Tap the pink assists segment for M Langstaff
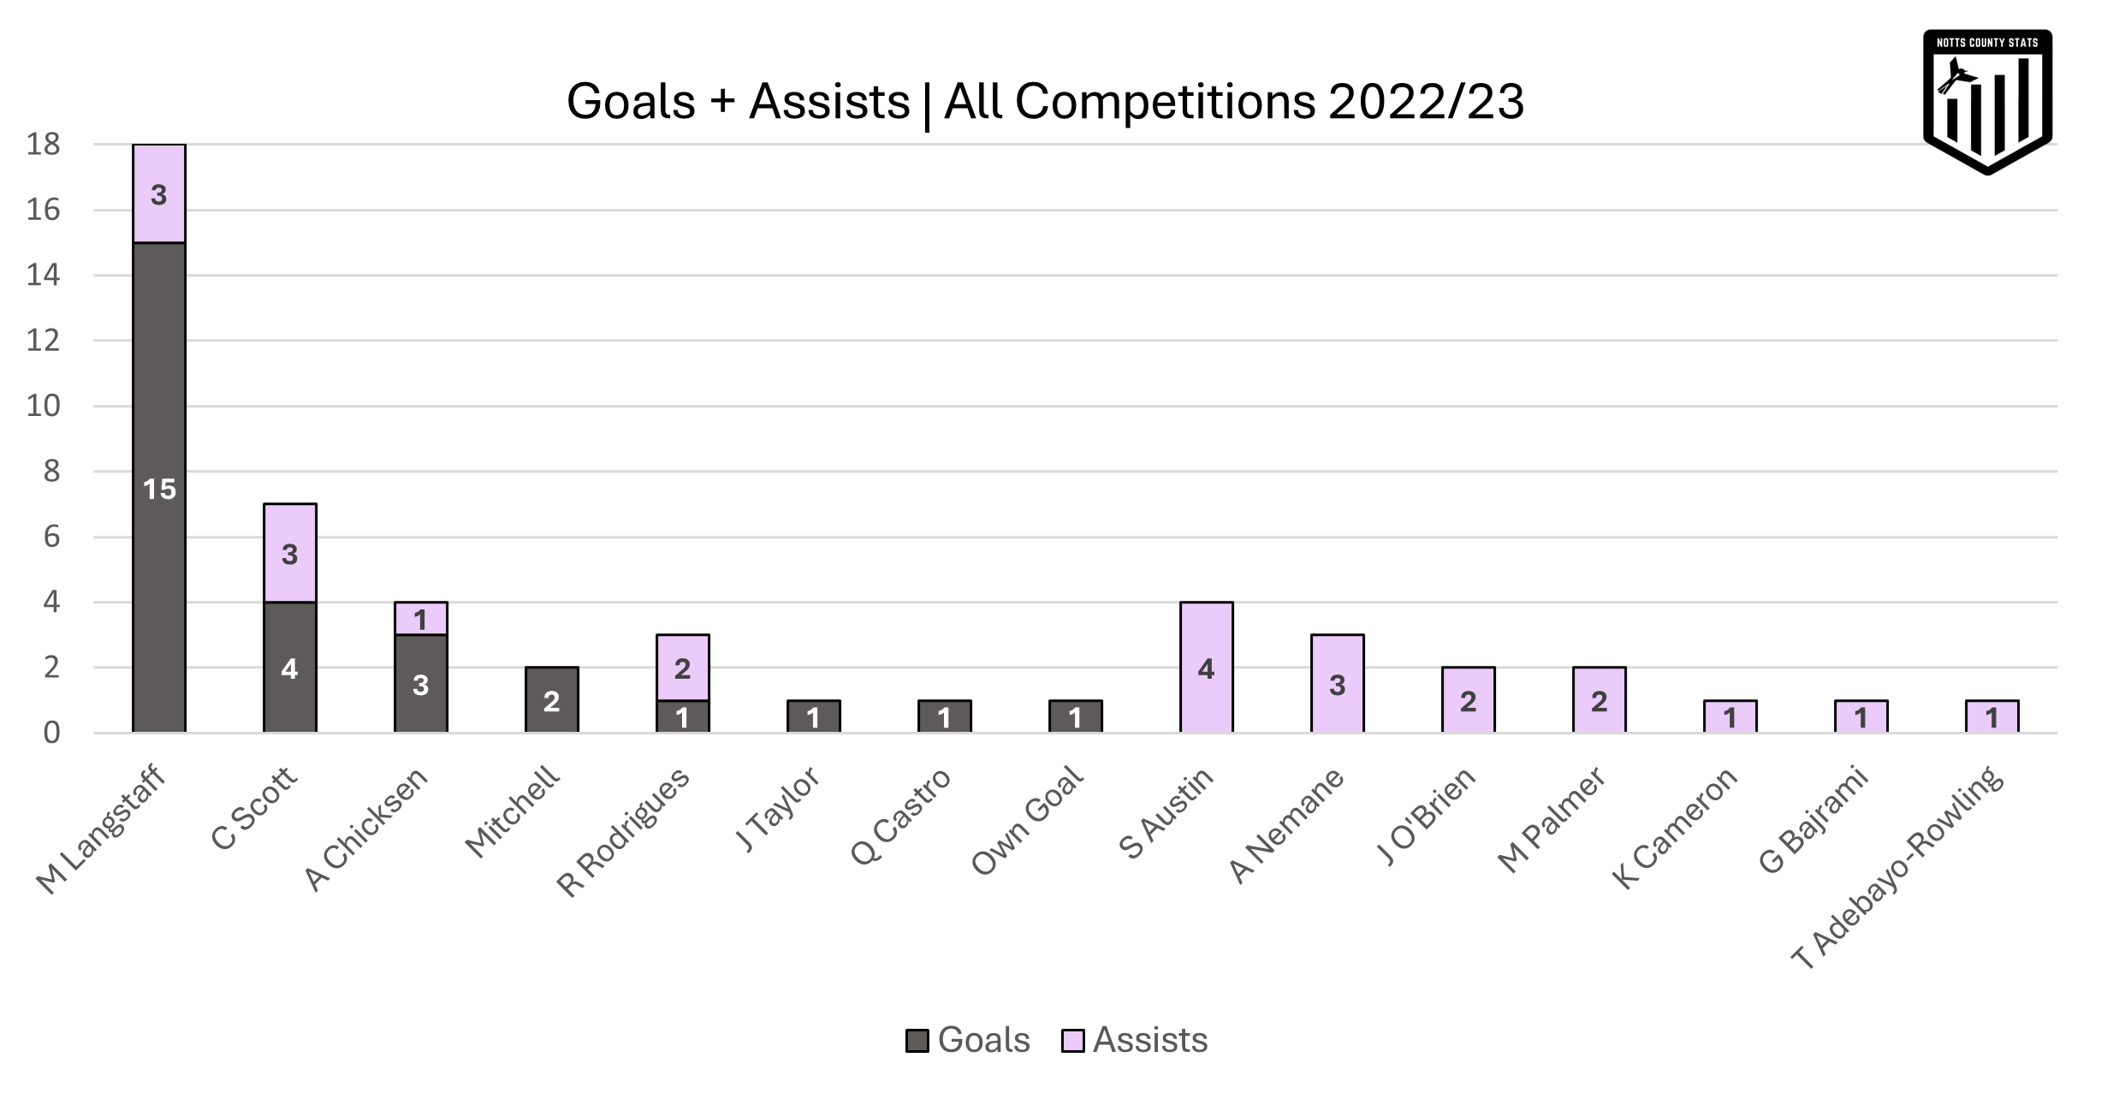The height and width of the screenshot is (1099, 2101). click(x=159, y=194)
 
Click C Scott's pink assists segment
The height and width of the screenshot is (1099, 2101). click(x=290, y=554)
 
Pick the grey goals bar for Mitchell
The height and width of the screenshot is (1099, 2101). click(x=552, y=701)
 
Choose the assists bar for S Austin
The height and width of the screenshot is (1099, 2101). click(x=1207, y=668)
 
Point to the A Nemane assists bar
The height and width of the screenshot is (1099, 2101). click(x=1338, y=685)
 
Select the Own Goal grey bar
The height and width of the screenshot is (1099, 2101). click(x=1076, y=717)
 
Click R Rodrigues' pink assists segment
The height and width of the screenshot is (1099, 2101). click(x=683, y=668)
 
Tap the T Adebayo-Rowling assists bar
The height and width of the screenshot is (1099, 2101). click(x=1992, y=717)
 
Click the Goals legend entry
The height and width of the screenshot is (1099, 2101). click(x=969, y=1040)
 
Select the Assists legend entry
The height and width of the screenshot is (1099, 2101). click(x=1137, y=1040)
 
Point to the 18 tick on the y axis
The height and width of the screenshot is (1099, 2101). click(x=44, y=146)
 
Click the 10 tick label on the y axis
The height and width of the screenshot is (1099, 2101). click(x=44, y=407)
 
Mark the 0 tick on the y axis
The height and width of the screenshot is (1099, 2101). click(x=52, y=734)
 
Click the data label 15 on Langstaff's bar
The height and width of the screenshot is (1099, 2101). click(x=159, y=490)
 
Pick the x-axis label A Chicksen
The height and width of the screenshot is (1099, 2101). click(x=366, y=829)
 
